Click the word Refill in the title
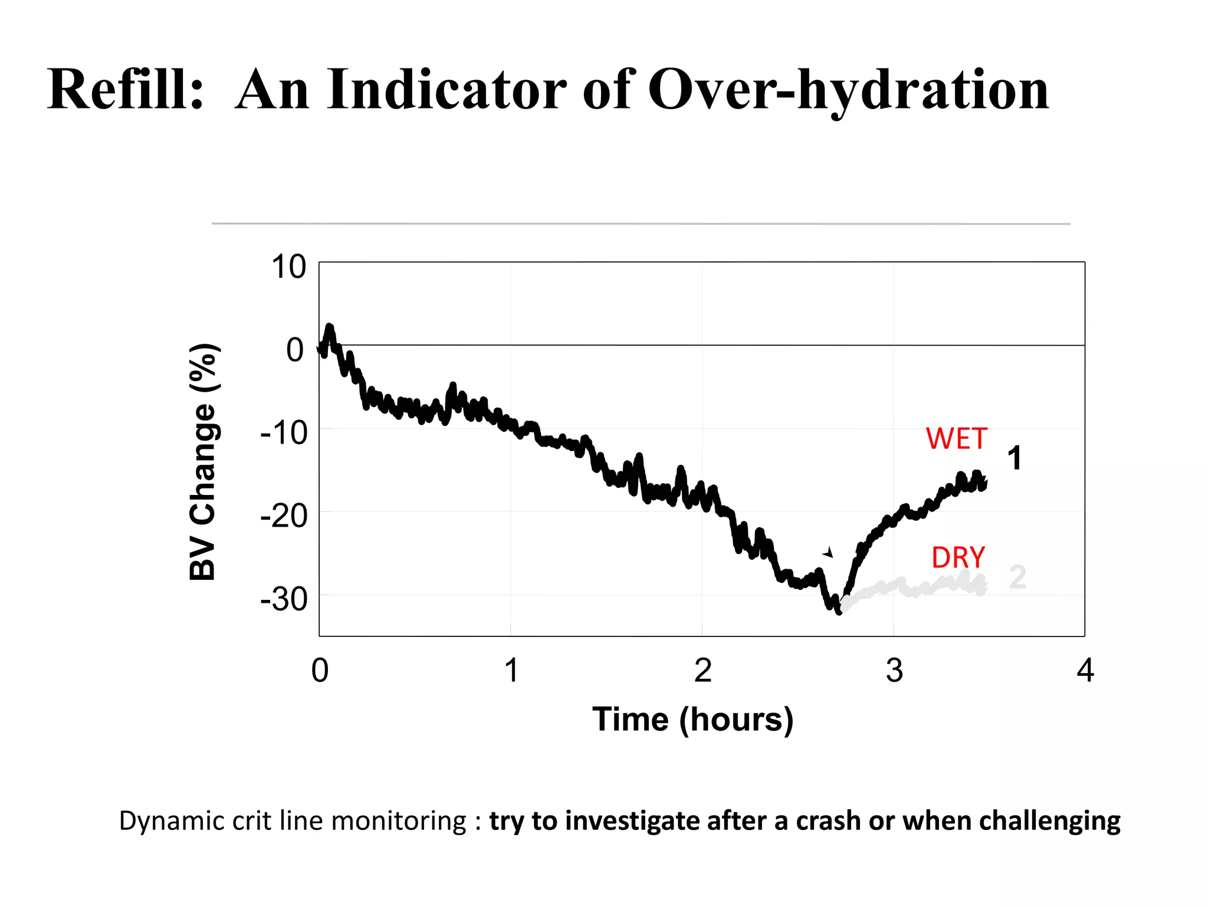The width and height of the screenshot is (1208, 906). point(125,90)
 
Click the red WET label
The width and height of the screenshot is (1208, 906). point(956,439)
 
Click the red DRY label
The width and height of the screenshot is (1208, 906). point(958,558)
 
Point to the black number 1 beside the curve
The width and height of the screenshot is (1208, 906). point(1014,458)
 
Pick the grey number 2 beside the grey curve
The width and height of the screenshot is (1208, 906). point(1017,577)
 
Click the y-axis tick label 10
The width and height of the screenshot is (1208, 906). point(288,267)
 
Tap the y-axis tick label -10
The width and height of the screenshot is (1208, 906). point(284,434)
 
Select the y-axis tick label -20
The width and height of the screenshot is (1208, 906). point(284,517)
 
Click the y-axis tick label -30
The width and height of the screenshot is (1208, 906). point(284,600)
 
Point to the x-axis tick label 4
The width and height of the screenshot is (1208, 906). point(1085,671)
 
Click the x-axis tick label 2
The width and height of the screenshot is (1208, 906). point(703,671)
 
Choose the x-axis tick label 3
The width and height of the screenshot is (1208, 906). point(894,671)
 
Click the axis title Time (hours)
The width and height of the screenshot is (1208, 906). point(693,720)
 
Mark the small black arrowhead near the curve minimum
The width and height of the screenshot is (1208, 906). point(829,553)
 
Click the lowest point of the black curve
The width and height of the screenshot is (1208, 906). point(839,612)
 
